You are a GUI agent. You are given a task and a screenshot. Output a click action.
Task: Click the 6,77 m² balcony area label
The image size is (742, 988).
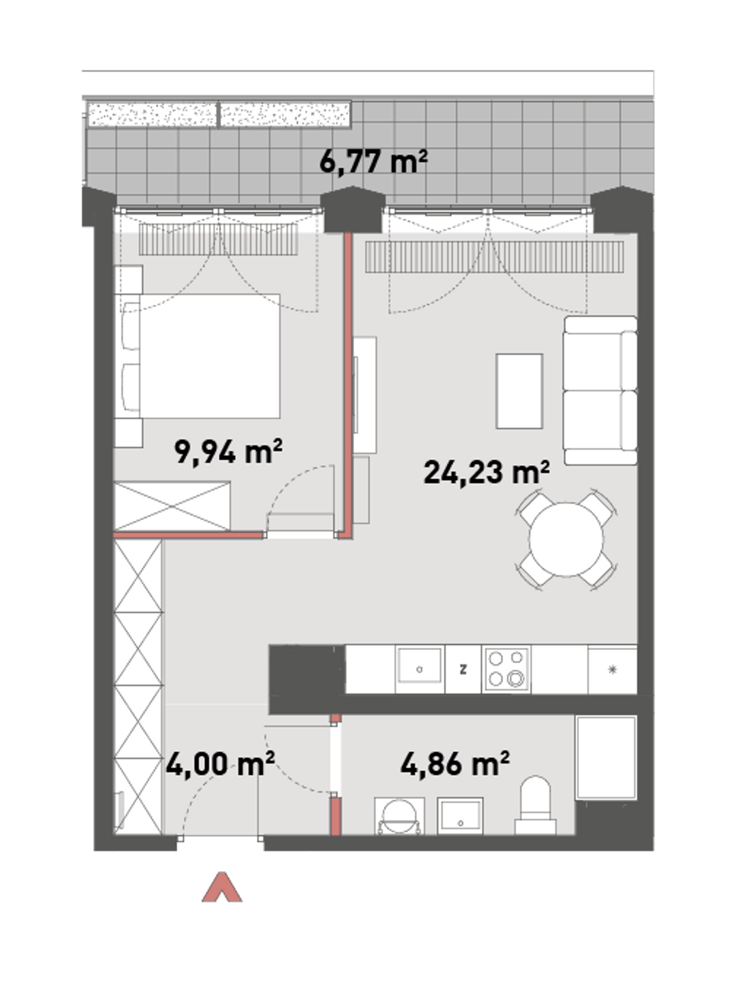coord(373,161)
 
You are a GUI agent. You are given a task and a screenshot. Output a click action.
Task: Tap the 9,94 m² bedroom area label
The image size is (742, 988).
coord(228,452)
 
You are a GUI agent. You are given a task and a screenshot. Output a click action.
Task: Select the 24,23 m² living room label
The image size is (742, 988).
coord(486,472)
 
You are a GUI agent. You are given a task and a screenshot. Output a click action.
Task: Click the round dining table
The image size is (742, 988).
coord(566,539)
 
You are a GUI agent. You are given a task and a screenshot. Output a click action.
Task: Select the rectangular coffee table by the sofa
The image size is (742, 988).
coord(519,391)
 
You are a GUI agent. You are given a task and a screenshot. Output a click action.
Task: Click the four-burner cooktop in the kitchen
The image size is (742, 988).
coord(506,670)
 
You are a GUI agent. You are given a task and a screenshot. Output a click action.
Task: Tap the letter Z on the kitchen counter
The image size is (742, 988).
coord(463,669)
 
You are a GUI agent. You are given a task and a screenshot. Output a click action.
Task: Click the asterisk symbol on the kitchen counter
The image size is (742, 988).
coord(612,669)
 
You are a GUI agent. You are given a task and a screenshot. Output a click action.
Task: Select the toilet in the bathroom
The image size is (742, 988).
coord(535,805)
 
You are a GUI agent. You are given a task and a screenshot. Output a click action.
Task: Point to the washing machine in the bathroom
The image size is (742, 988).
coord(399,816)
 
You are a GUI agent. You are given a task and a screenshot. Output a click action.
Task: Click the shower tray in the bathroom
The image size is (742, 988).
coord(606,757)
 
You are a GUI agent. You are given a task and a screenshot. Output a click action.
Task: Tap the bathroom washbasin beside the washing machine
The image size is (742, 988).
coord(460,816)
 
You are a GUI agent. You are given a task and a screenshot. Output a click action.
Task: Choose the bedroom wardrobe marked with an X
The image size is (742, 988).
coord(173,506)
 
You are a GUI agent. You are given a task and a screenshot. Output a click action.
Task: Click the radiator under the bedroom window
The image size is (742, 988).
coord(219,240)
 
